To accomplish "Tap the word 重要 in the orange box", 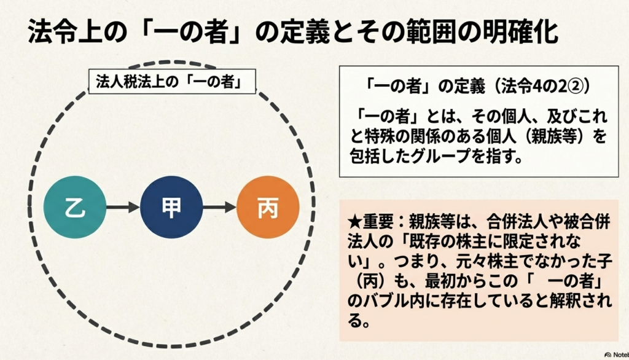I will point(373,219).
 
